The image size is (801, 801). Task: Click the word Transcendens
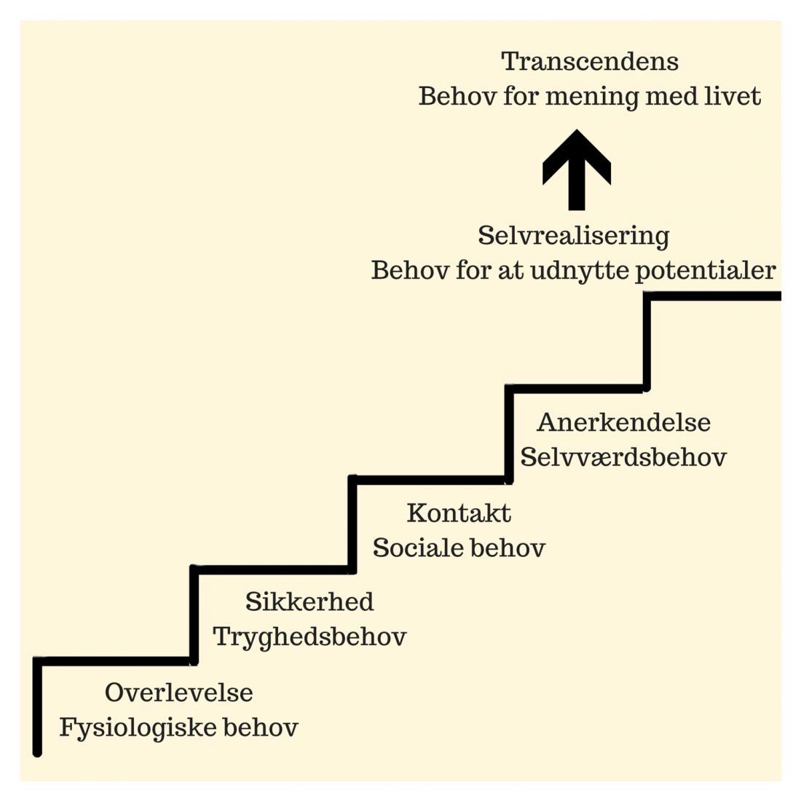click(x=590, y=62)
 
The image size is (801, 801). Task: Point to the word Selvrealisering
click(x=574, y=236)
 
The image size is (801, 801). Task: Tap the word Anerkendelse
click(x=624, y=422)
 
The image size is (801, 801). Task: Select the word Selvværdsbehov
click(x=623, y=457)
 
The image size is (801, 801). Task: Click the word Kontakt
click(x=459, y=513)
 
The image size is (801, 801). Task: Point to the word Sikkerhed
click(x=309, y=602)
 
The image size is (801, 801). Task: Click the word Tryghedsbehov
click(x=309, y=637)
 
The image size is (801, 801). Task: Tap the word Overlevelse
click(x=179, y=693)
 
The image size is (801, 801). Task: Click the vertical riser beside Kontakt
click(x=352, y=524)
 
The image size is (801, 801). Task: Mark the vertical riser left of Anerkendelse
click(x=509, y=435)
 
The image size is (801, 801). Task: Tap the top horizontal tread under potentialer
click(x=714, y=296)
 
